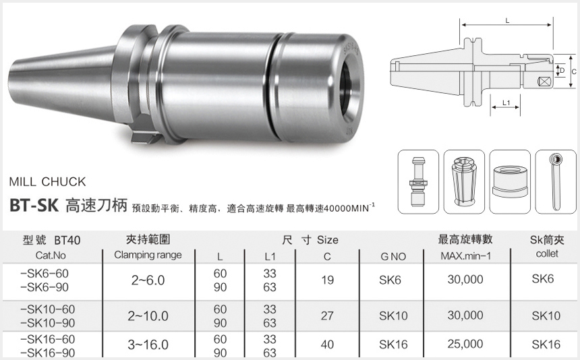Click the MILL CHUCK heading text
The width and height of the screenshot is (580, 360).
coord(48,182)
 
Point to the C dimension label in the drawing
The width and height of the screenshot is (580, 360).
coord(573,71)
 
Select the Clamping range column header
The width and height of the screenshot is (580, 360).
coord(147,256)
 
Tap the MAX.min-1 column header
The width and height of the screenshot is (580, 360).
coord(465,256)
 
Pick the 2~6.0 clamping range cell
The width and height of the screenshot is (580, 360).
coord(147,280)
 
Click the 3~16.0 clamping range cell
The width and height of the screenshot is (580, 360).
coord(147,344)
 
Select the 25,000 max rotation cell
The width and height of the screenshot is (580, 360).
coord(465,344)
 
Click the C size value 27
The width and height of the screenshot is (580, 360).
coord(328,315)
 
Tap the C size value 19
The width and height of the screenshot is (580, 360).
coord(328,280)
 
